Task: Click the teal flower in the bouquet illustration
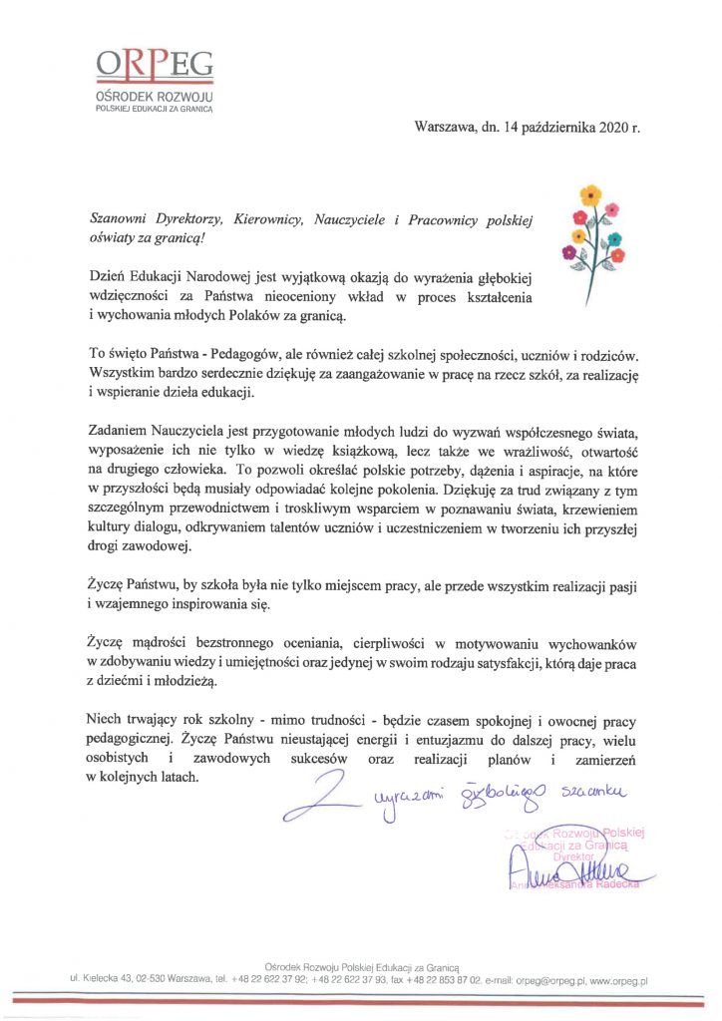coord(615,238)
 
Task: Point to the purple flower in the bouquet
coord(569,251)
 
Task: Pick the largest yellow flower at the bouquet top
coord(591,194)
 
